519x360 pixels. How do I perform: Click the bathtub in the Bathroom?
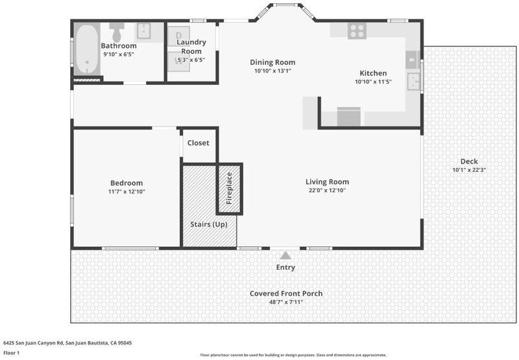point(87,49)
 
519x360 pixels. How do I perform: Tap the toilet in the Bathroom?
point(117,31)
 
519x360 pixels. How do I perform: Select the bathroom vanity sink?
point(144,30)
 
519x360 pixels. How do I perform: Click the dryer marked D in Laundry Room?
point(179,36)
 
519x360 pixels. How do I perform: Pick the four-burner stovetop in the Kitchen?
point(357,30)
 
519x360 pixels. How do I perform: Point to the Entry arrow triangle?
point(285,256)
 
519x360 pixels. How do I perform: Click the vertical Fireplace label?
point(229,188)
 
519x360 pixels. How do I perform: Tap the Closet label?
point(199,143)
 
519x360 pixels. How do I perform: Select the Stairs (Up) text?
point(209,224)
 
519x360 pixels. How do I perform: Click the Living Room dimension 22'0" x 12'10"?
point(328,190)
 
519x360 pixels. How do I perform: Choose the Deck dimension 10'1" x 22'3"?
point(469,170)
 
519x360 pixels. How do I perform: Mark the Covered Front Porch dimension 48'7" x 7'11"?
point(286,302)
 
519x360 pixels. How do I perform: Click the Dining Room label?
point(272,62)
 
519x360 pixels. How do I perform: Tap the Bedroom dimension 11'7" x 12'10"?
point(127,191)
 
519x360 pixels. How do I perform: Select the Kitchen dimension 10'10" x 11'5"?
point(374,82)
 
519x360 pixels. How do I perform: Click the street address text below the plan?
point(67,342)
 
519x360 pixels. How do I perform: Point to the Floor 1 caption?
point(12,353)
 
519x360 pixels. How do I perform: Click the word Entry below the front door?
point(285,267)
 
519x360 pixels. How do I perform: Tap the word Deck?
point(469,162)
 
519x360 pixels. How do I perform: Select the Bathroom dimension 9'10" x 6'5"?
point(119,54)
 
